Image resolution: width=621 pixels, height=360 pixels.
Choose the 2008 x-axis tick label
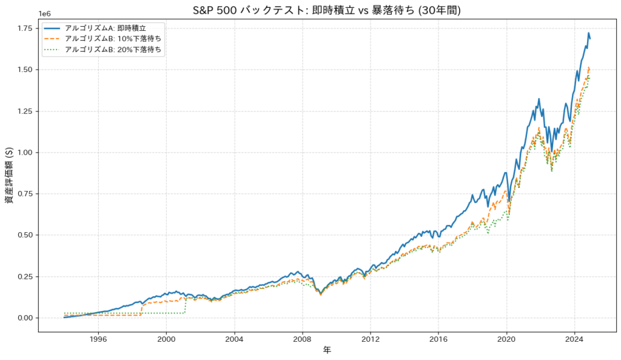pyautogui.click(x=303, y=339)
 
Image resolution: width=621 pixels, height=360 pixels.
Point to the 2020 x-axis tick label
pyautogui.click(x=507, y=339)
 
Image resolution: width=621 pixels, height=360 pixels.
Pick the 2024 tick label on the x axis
pyautogui.click(x=575, y=339)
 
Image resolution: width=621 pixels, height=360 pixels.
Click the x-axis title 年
pyautogui.click(x=327, y=351)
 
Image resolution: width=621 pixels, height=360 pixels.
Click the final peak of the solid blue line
pyautogui.click(x=588, y=33)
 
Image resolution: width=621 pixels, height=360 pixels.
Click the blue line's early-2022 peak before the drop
pyautogui.click(x=539, y=99)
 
